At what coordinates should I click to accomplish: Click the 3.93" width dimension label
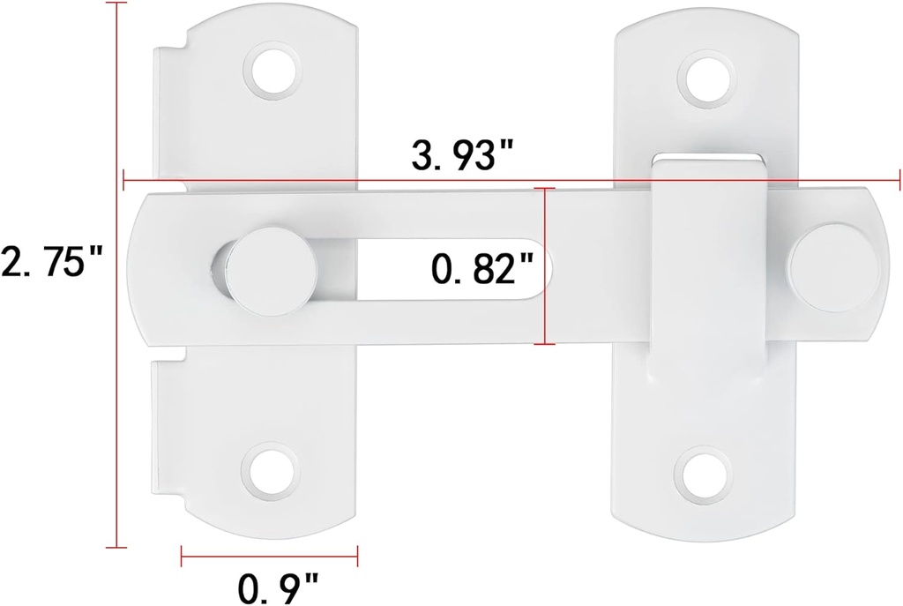coord(462,157)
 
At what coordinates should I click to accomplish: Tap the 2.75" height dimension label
coord(54,262)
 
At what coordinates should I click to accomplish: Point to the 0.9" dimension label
coord(278,584)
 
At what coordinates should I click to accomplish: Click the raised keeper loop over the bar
coord(707,265)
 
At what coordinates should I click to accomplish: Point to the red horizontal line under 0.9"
coord(269,555)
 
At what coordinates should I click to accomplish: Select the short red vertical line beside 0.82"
coord(549,265)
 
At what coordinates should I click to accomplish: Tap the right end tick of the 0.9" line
coord(356,555)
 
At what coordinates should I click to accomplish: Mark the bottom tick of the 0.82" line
coord(549,343)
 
